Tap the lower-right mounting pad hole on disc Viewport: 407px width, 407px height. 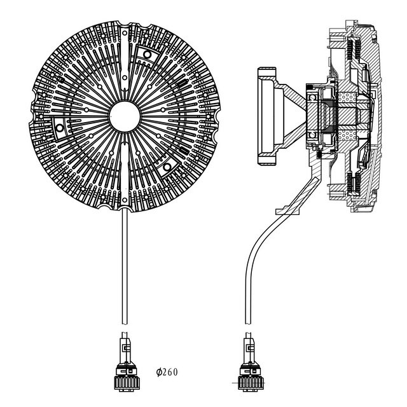point(166,167)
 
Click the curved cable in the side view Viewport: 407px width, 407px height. point(249,267)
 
